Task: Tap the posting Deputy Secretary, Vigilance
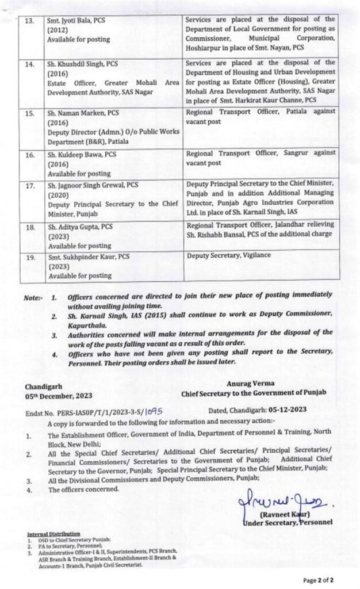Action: click(228, 255)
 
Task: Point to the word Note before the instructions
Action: click(33, 299)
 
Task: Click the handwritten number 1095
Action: click(156, 412)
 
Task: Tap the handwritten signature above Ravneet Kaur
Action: click(281, 504)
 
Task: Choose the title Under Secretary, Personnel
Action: click(288, 522)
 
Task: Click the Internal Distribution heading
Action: click(53, 534)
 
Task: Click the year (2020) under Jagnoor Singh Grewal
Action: click(59, 194)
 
